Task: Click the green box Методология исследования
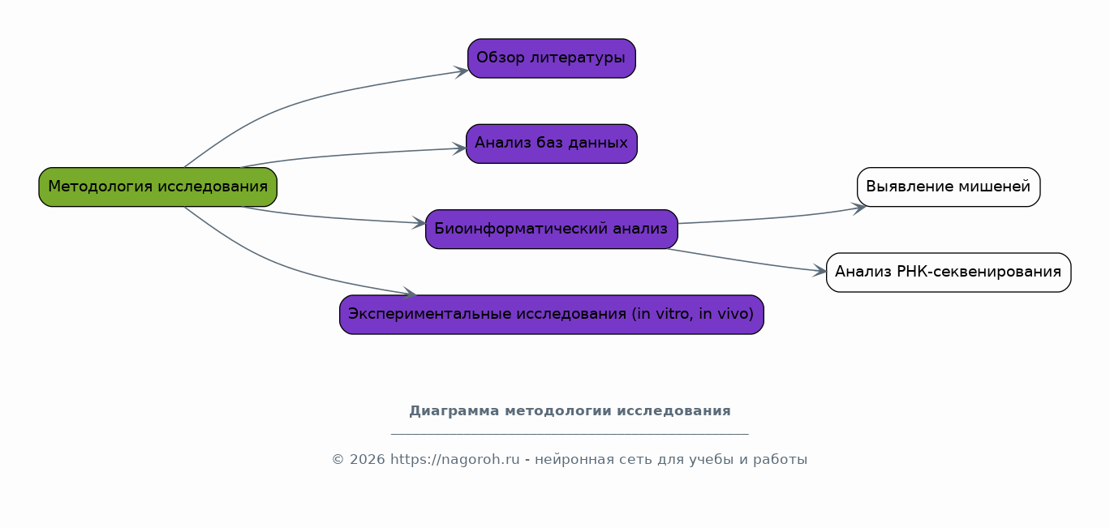click(157, 187)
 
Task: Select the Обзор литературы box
click(552, 58)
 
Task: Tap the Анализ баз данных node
click(552, 144)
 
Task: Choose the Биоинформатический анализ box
click(552, 229)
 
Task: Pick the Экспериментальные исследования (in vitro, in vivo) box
click(552, 315)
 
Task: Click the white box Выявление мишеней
click(949, 187)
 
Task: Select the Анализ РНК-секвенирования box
click(949, 273)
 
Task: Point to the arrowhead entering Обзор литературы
click(462, 72)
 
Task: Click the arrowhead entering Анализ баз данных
click(460, 148)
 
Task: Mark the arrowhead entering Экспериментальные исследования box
click(409, 293)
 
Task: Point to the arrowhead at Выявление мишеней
click(859, 208)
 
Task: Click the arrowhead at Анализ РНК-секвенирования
click(820, 270)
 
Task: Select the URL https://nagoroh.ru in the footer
click(455, 460)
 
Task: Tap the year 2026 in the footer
click(368, 460)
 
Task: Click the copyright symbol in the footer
click(338, 460)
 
